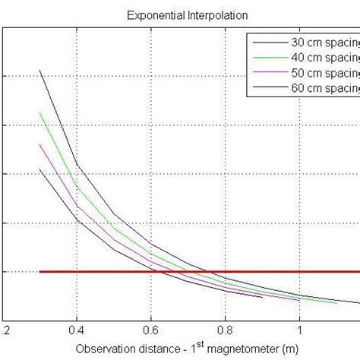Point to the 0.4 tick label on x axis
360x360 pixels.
pos(77,331)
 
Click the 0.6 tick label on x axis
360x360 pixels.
pos(151,331)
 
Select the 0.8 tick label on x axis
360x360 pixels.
pos(226,331)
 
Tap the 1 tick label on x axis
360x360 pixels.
pos(300,331)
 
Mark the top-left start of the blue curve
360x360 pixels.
pos(39,70)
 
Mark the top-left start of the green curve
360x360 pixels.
pos(39,112)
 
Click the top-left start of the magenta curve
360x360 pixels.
pos(39,144)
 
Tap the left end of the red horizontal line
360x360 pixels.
pos(39,271)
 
